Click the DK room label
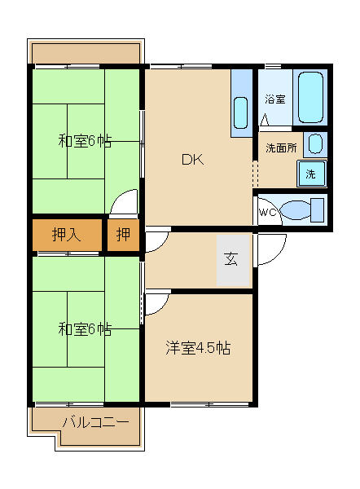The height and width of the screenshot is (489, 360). point(192,160)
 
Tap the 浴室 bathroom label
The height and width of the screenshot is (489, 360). point(275,99)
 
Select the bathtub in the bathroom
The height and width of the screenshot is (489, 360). point(310,97)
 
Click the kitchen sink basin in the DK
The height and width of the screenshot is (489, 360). point(240,112)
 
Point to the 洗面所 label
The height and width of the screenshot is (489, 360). point(281,148)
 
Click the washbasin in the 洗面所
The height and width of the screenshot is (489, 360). point(315,143)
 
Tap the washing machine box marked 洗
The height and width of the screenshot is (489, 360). point(311,174)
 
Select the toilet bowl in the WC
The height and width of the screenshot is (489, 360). point(295,210)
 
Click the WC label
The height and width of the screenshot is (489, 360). point(267,212)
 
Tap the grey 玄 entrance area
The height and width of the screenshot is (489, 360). point(233,260)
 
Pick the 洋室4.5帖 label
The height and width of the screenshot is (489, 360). point(198,348)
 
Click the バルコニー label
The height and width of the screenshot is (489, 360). point(95,422)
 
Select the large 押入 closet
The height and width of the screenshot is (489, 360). point(67,234)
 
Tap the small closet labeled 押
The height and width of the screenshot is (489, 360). point(123,234)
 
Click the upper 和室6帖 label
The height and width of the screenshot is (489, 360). point(85,141)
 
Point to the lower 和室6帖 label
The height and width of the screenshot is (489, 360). point(85,328)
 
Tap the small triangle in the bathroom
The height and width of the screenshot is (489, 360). point(265,121)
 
